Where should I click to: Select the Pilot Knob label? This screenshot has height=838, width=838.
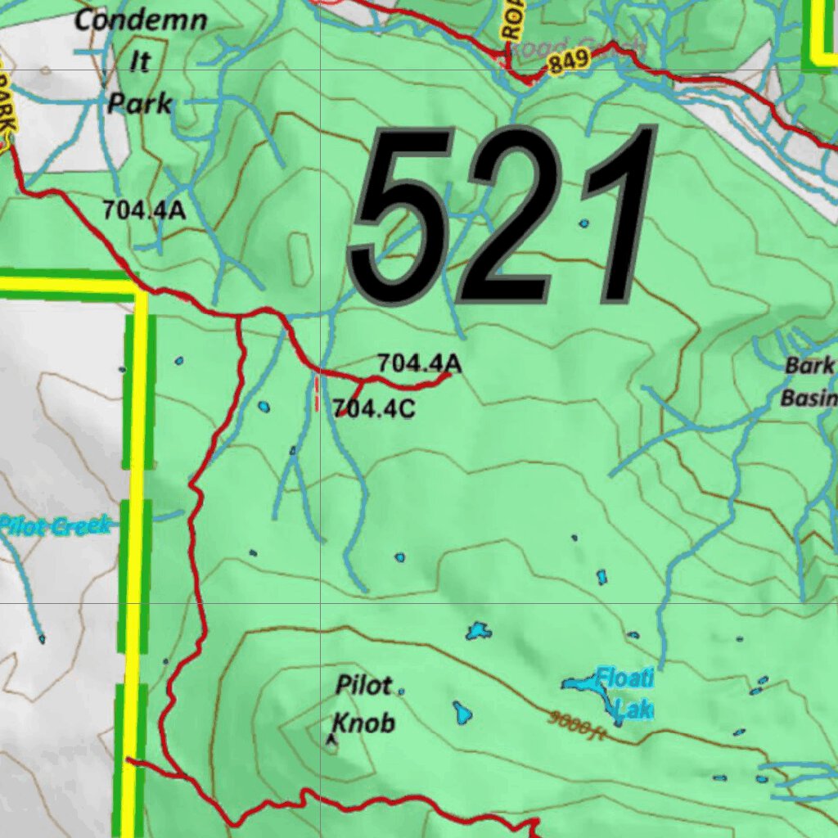pos(365,704)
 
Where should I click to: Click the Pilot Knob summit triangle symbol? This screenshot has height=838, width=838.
pos(331,740)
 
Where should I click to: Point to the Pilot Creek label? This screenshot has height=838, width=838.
pos(54,525)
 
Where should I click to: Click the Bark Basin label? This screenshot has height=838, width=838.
pos(809,381)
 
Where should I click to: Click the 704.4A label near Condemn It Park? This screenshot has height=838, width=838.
pos(144,210)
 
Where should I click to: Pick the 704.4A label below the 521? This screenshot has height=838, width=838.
pos(419,363)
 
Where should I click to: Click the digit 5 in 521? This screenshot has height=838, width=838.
pos(401,217)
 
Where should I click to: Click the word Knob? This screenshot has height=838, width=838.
pos(364,723)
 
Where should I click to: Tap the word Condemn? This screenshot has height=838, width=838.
pos(141,20)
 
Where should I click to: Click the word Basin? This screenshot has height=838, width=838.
pos(809,399)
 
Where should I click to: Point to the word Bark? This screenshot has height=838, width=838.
pos(809,366)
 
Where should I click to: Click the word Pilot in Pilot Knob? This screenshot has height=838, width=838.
pos(365,686)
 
